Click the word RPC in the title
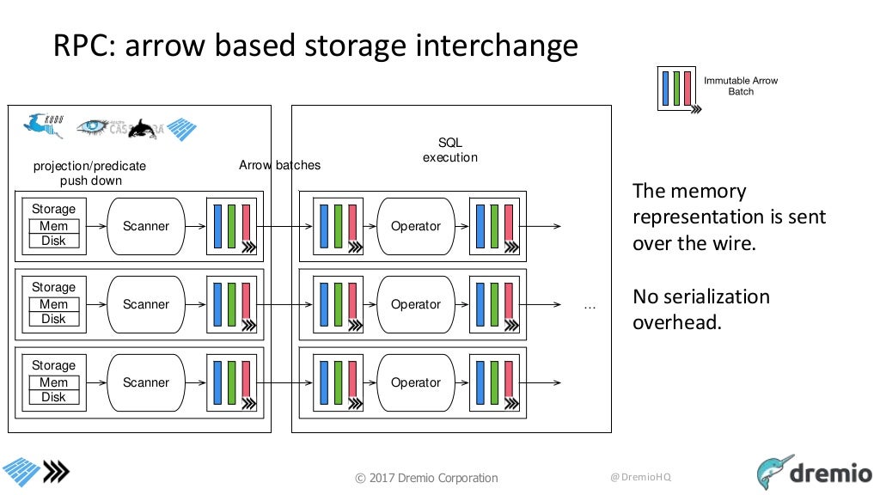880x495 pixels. tap(83, 46)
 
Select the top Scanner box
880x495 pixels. tap(146, 226)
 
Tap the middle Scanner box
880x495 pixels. tap(146, 304)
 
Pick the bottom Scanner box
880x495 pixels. tap(146, 382)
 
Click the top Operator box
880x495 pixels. tap(415, 226)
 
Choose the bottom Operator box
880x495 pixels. tap(415, 382)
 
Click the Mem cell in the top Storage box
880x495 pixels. tap(53, 226)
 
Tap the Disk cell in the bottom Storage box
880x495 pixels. tap(53, 397)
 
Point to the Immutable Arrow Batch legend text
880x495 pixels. tap(740, 86)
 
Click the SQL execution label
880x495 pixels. tap(449, 150)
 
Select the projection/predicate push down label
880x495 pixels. tap(90, 173)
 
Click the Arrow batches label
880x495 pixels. tap(279, 165)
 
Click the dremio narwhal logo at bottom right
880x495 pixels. tap(775, 472)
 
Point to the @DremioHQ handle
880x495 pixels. tap(640, 477)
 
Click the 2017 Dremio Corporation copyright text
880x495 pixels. tap(426, 478)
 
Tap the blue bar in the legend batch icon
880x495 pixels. tap(667, 88)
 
